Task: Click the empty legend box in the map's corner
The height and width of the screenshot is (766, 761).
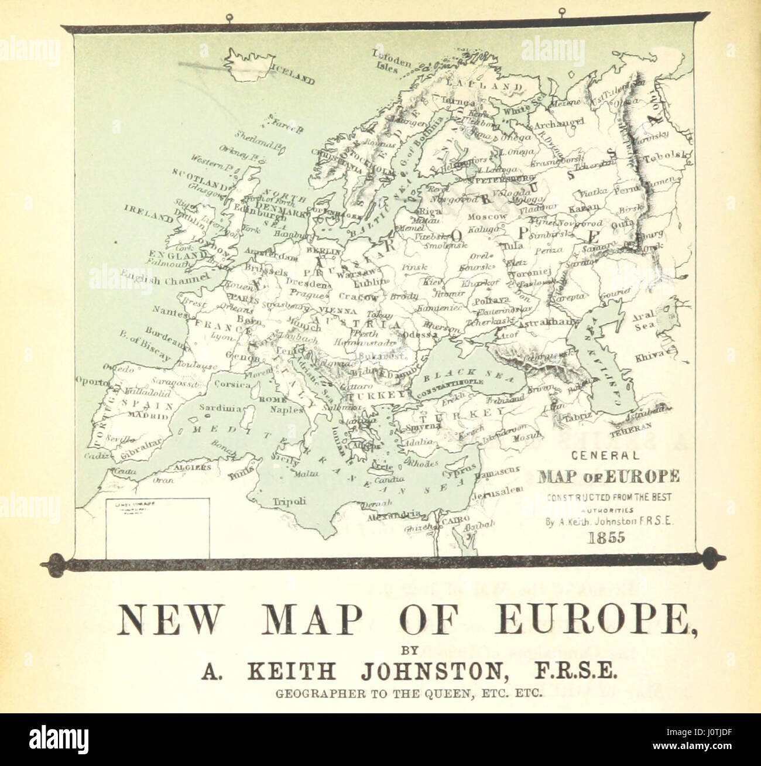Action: (x=157, y=527)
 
